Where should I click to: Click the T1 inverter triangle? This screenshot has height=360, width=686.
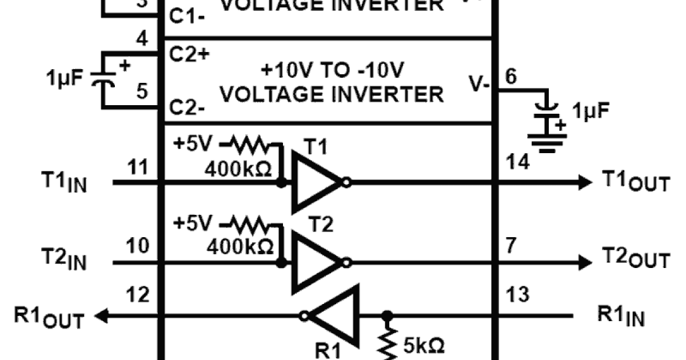(314, 183)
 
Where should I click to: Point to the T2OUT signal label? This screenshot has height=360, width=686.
(635, 261)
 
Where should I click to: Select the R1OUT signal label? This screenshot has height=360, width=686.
(49, 317)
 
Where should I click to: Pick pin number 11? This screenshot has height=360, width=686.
(139, 168)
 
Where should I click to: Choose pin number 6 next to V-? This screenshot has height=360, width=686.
(510, 77)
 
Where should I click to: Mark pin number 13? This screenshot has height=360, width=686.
(519, 295)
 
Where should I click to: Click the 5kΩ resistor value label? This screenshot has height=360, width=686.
(424, 346)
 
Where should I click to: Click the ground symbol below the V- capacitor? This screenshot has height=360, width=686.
(547, 143)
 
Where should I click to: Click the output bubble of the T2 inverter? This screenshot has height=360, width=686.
(347, 263)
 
